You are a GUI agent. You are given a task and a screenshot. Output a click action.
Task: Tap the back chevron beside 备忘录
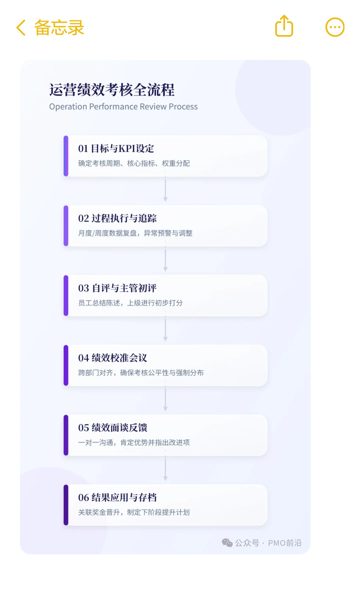(x=21, y=27)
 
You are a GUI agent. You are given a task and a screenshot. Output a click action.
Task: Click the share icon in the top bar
(x=284, y=26)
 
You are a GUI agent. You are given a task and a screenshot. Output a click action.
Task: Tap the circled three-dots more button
(x=335, y=27)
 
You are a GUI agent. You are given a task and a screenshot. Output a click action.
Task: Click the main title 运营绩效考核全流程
(x=112, y=90)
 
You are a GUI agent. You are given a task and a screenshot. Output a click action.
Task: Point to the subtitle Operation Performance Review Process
(x=123, y=107)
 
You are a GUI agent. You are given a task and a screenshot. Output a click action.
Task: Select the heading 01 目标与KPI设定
(x=116, y=149)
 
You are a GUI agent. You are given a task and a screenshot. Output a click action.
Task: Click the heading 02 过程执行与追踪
(x=117, y=218)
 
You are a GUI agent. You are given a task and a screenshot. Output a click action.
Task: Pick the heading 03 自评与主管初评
(x=117, y=288)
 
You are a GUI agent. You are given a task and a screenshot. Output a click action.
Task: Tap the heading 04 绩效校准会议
(x=113, y=358)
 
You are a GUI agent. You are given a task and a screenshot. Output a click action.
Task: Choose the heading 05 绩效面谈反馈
(x=113, y=428)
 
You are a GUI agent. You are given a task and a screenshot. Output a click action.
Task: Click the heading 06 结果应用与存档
(x=117, y=498)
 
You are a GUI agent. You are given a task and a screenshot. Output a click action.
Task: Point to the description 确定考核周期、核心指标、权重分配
(x=134, y=163)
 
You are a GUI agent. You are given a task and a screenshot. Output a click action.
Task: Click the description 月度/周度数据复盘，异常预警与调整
(x=135, y=233)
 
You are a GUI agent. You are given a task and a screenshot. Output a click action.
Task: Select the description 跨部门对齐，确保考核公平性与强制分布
(x=141, y=373)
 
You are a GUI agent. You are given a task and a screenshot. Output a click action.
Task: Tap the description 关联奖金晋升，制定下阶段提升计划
(x=134, y=512)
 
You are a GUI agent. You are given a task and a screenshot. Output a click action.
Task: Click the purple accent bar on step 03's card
(x=66, y=296)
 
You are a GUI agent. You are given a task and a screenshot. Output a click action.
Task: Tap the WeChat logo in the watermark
(x=227, y=543)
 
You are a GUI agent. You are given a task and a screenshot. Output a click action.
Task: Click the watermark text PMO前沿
(x=285, y=543)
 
